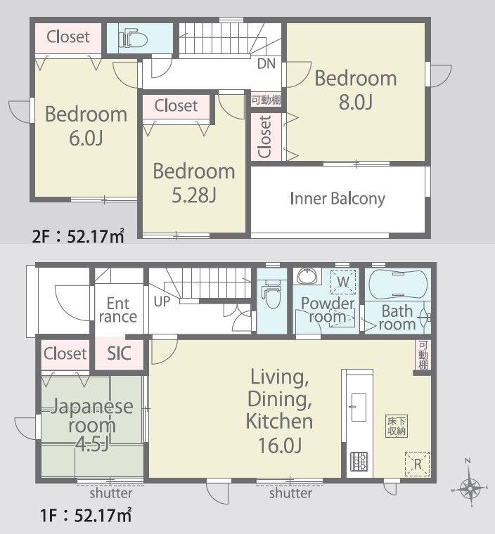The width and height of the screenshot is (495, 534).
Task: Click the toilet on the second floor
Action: pos(133,39)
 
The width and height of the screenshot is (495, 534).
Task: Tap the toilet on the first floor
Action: pos(271,297)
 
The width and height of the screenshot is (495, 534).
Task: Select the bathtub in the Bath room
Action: pos(397,285)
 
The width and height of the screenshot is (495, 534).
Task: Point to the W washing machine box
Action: pos(343,282)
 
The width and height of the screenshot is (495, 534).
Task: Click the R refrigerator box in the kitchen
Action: pos(417,464)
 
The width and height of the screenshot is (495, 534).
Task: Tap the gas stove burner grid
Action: pos(359,462)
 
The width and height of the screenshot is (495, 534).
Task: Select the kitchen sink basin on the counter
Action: pos(359,408)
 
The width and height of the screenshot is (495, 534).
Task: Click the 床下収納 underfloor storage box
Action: pos(397,426)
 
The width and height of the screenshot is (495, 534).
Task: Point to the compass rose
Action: pos(470,488)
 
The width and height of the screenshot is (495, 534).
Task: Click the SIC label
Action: pos(119,353)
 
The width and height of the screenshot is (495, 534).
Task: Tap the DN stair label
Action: pos(266,63)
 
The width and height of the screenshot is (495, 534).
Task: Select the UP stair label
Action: pos(162,301)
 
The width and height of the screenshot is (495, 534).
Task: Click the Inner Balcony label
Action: pos(337,199)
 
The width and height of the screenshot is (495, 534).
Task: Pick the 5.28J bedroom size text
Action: pos(193,195)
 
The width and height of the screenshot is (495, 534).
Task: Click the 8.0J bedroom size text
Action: pos(355,101)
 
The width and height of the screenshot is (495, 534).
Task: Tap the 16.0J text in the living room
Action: pos(280,445)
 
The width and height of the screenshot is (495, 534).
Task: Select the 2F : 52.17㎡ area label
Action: pos(78,235)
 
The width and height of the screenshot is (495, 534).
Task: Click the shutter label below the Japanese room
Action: pos(111,493)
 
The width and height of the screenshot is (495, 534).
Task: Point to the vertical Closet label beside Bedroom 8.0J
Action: pos(265,137)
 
